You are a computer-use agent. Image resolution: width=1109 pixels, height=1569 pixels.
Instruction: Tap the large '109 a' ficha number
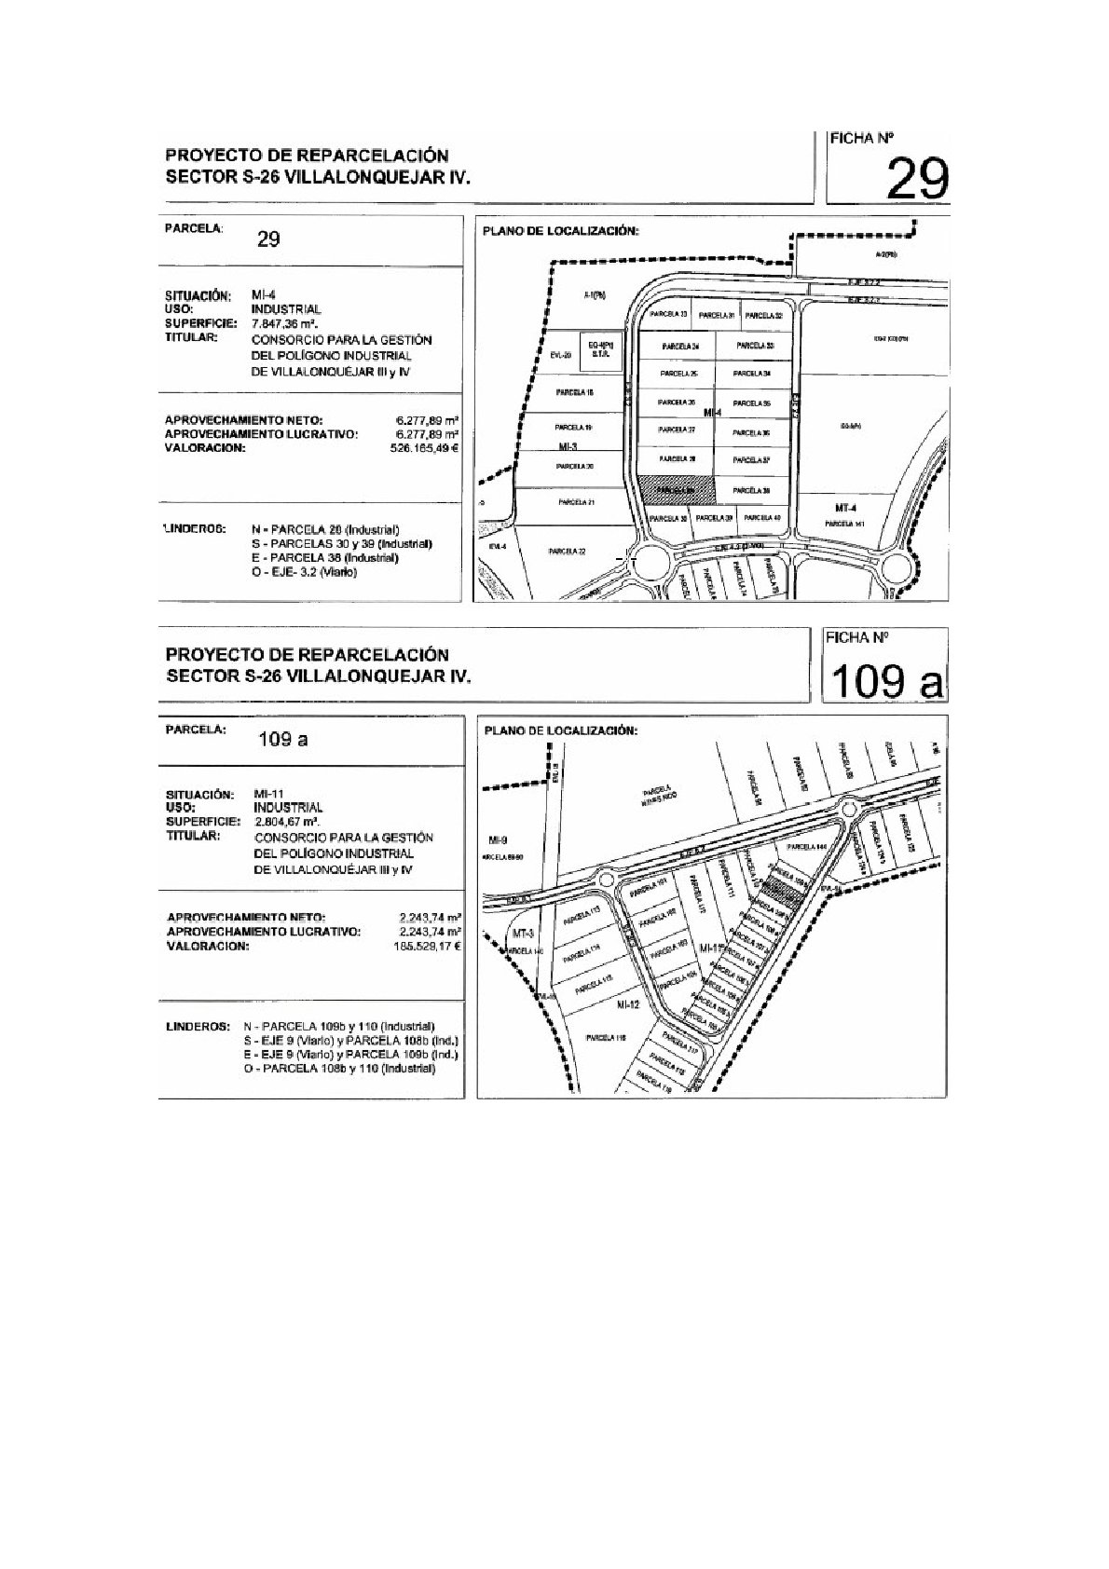[x=884, y=682]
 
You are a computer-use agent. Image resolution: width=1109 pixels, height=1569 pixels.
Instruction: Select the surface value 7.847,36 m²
[x=286, y=322]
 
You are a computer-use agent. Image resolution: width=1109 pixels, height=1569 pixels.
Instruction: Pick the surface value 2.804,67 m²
[x=286, y=822]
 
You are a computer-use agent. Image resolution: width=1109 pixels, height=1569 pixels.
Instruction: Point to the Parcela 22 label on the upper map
[x=567, y=551]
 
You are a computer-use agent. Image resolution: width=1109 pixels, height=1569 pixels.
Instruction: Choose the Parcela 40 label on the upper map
[x=762, y=518]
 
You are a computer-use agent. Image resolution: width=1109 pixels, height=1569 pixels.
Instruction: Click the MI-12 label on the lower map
[x=626, y=1006]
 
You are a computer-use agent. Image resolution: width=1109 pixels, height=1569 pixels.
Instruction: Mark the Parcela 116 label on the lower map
[x=605, y=1036]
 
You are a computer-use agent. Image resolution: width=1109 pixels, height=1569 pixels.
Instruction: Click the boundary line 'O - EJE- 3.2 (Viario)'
[x=304, y=571]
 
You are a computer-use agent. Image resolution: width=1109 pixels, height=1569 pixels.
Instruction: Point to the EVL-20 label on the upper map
[x=559, y=355]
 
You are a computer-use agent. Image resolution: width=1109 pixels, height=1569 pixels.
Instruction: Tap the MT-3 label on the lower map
[x=523, y=934]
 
